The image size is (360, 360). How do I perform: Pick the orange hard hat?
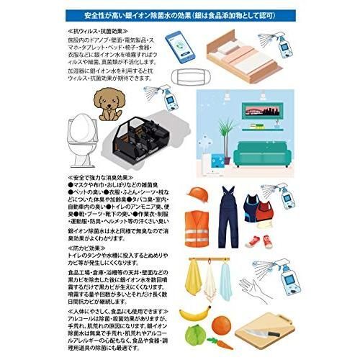tap(197, 194)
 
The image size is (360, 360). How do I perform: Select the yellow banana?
tap(192, 314)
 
